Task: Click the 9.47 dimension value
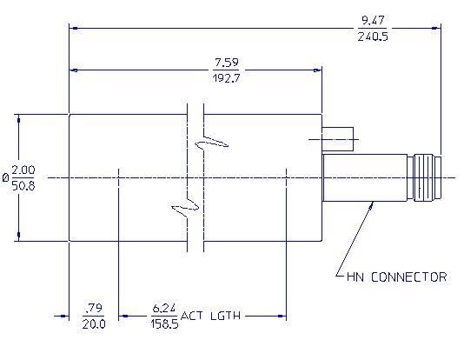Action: point(373,20)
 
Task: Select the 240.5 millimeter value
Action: point(373,37)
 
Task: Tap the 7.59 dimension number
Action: point(227,63)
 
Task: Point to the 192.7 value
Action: point(227,78)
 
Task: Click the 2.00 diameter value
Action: point(23,170)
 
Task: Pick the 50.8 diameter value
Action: point(23,186)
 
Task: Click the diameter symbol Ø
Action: point(5,177)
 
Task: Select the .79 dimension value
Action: point(94,308)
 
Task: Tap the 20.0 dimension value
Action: point(94,323)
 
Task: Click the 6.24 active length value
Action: point(164,308)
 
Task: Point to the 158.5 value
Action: point(164,323)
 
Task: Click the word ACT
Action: point(192,316)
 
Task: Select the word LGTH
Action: point(226,316)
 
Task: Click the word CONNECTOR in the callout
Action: point(408,277)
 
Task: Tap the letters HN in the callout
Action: point(355,277)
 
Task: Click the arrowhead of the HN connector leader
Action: point(372,203)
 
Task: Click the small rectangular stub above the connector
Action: point(338,139)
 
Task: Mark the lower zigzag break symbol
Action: point(186,207)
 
